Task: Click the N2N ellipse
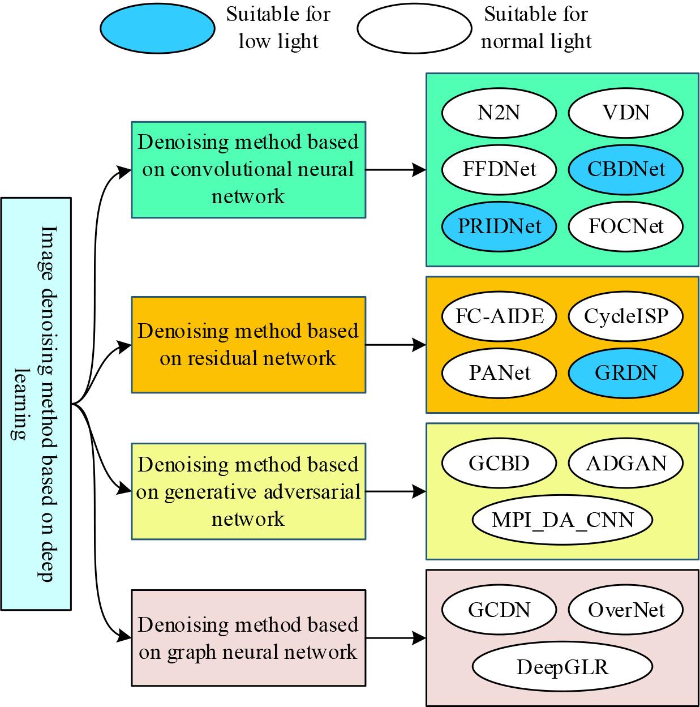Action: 499,112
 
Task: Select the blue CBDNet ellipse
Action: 625,169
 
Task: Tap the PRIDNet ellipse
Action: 499,226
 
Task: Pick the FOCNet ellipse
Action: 625,226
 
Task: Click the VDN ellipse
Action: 625,112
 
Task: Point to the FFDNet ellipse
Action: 499,169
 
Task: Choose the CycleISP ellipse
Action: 625,315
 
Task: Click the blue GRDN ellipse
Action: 625,372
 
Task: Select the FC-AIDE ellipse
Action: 499,315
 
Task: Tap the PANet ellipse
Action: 499,372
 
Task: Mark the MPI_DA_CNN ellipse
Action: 562,519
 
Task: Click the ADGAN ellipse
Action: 625,462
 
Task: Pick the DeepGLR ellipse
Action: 562,666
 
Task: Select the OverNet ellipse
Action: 625,609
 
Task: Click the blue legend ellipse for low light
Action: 157,28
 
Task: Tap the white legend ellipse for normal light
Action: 414,28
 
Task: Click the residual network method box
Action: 248,344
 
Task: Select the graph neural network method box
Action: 248,638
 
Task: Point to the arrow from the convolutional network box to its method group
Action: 396,169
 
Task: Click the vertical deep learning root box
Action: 36,403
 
